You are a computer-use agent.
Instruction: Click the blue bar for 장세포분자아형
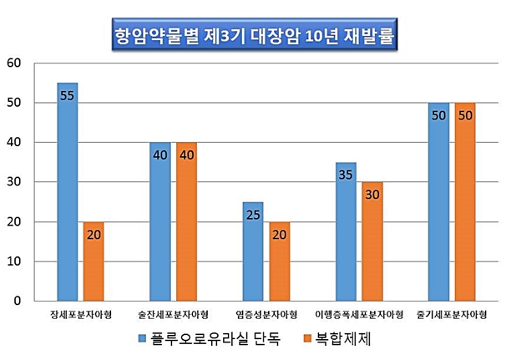point(68,192)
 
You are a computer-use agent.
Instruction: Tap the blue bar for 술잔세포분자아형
point(160,221)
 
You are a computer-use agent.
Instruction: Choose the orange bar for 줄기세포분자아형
point(465,201)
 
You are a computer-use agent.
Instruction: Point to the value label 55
point(68,95)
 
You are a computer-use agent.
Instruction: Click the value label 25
point(253,215)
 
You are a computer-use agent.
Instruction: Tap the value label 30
point(372,195)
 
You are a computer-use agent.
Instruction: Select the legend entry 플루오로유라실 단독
point(215,338)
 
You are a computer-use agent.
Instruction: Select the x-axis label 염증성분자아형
point(266,315)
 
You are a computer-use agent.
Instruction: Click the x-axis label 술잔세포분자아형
point(173,315)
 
